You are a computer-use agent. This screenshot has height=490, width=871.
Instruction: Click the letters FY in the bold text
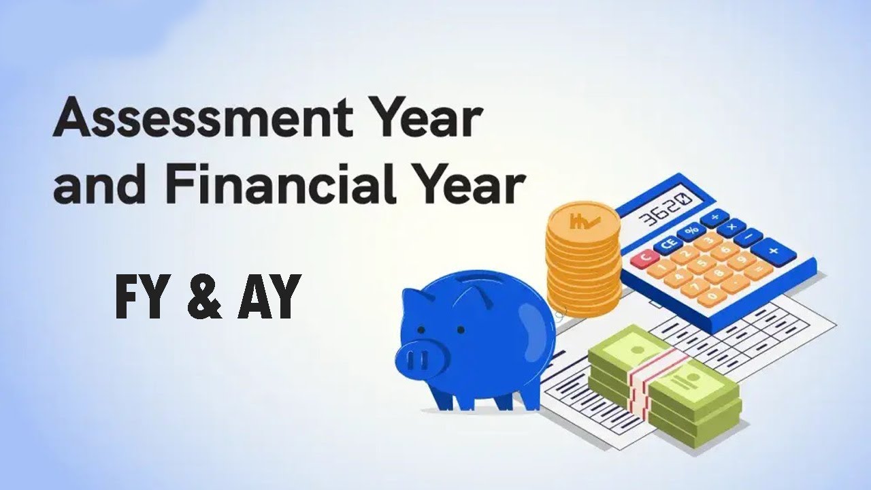tap(140, 297)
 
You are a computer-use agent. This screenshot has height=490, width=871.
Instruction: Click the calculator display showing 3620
tap(665, 209)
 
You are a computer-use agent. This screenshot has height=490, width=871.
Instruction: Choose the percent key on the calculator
tap(691, 231)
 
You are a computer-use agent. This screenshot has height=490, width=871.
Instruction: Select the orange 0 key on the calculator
tap(709, 297)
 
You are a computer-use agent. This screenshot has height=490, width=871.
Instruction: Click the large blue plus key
tap(773, 250)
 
